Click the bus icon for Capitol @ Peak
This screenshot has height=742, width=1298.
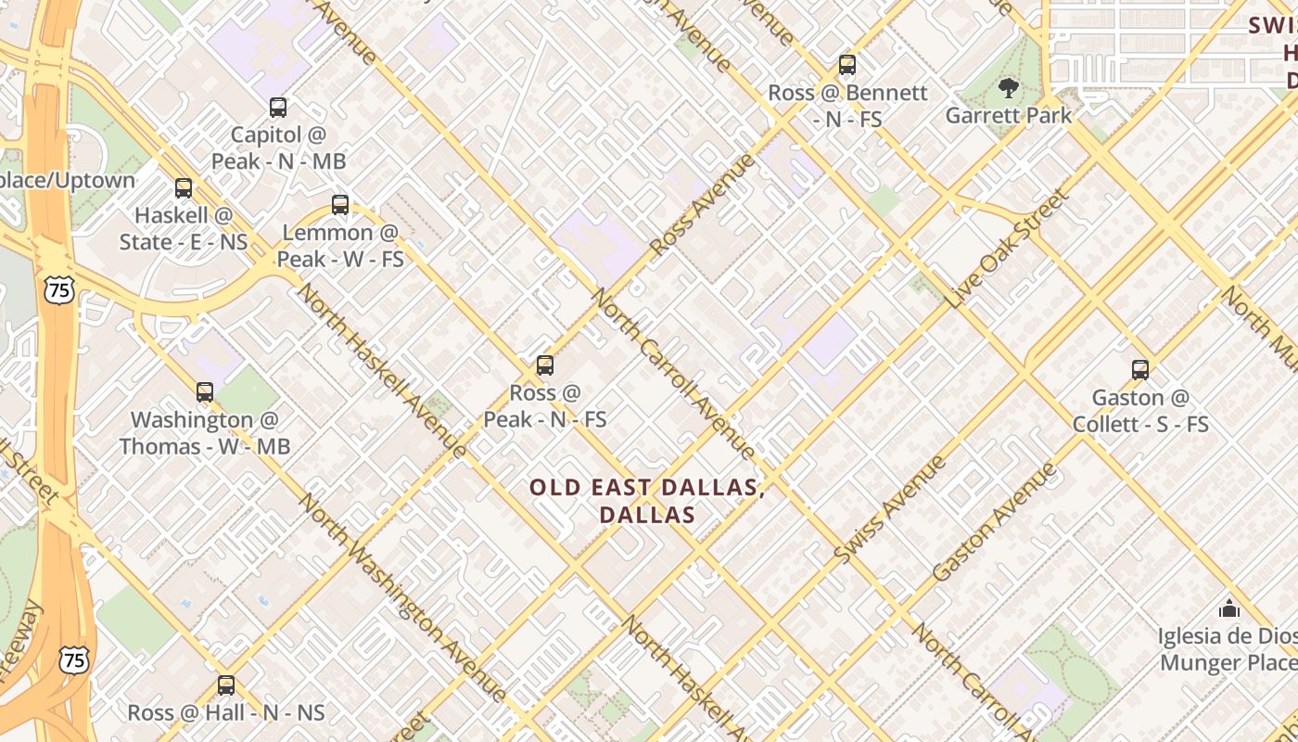[278, 108]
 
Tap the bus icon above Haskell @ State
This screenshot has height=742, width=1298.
[184, 188]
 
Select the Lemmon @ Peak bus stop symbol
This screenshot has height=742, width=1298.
[340, 205]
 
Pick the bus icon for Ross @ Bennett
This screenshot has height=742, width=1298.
[847, 65]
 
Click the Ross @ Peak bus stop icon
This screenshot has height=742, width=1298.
[545, 365]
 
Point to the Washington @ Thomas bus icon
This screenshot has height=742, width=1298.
[205, 392]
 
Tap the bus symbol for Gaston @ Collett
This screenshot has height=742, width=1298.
[1140, 370]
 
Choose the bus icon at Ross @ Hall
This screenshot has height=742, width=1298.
[226, 685]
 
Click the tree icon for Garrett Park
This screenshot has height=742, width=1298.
[1008, 88]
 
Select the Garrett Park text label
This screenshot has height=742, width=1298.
[1008, 116]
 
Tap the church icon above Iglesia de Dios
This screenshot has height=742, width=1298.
[1229, 608]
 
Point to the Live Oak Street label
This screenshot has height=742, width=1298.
[1008, 249]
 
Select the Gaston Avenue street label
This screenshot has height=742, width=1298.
[994, 521]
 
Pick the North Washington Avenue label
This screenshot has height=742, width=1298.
[402, 597]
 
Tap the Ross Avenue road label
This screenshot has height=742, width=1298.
[703, 206]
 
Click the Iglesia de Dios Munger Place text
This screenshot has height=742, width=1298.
[1228, 649]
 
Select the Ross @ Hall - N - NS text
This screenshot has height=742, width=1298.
[226, 713]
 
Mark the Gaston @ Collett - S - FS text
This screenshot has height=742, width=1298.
[1140, 411]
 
